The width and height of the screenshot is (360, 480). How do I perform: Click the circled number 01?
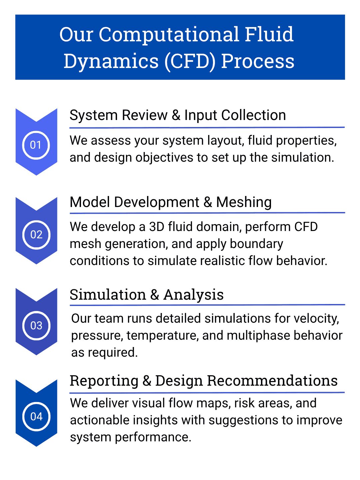pos(36,145)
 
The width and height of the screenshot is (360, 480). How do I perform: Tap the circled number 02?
pos(36,235)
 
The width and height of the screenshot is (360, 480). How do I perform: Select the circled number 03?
pos(36,325)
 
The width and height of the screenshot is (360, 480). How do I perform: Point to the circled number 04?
pos(36,416)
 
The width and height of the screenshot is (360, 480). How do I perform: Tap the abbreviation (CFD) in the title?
pos(189,61)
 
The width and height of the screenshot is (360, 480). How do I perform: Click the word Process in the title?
pos(258,61)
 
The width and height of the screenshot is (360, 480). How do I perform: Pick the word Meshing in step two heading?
pos(244,202)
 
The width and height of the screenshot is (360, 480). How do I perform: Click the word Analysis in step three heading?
pos(193,295)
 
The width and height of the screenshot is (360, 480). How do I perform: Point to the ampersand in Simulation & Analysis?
pos(154,295)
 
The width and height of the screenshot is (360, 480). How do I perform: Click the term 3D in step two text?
pos(156,227)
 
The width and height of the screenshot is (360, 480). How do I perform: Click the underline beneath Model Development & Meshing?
pos(207,213)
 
